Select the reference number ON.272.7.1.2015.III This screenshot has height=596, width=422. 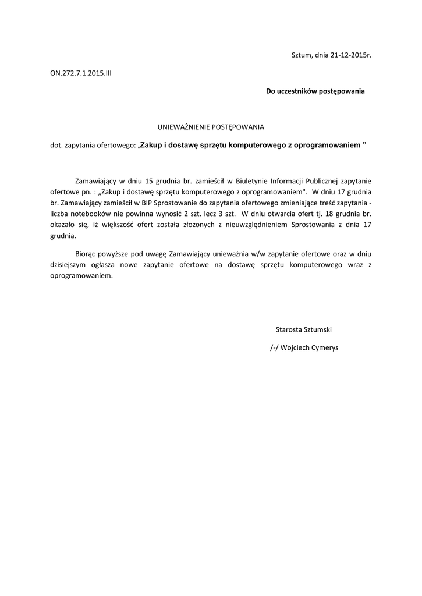(80, 74)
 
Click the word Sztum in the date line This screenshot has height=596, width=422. (301, 55)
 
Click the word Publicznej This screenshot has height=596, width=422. (330, 180)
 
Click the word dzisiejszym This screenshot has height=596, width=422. (69, 265)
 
